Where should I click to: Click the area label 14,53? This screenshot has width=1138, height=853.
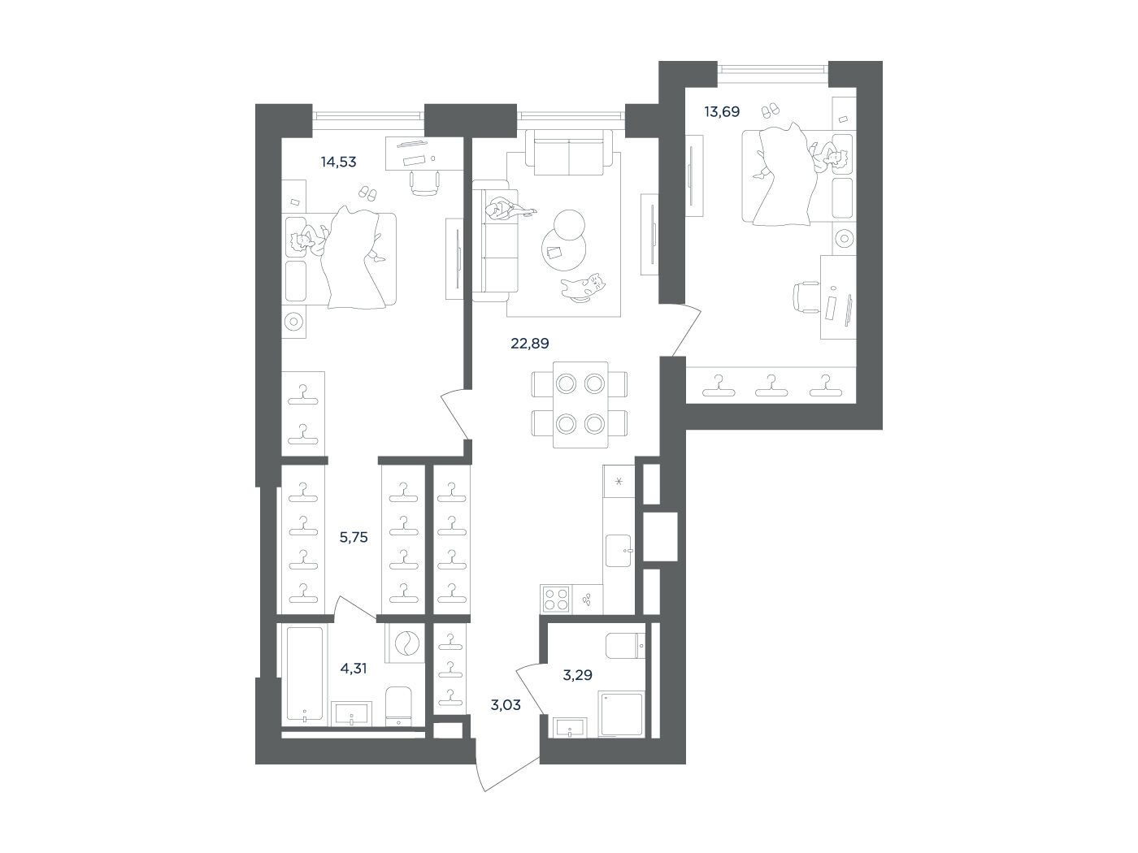point(338,162)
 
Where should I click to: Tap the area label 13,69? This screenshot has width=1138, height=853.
point(722,111)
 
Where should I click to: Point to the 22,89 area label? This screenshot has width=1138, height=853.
point(530,344)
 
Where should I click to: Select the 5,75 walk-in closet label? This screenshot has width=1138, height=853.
point(354,538)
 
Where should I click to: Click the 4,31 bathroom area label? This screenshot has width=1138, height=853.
point(354,669)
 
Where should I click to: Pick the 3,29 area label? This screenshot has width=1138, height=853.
point(578,675)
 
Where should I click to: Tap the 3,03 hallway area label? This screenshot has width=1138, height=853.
point(506,705)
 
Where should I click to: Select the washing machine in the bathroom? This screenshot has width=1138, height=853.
point(404,643)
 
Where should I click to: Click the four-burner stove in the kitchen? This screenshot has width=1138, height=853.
point(556,600)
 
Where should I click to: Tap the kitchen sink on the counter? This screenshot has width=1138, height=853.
point(619,551)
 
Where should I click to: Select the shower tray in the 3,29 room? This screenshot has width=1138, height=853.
point(621,714)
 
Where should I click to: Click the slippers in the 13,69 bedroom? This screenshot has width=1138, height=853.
point(770,110)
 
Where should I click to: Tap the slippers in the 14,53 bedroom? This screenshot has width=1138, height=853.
point(368,193)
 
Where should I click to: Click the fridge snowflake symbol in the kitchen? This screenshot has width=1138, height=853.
point(619,482)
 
